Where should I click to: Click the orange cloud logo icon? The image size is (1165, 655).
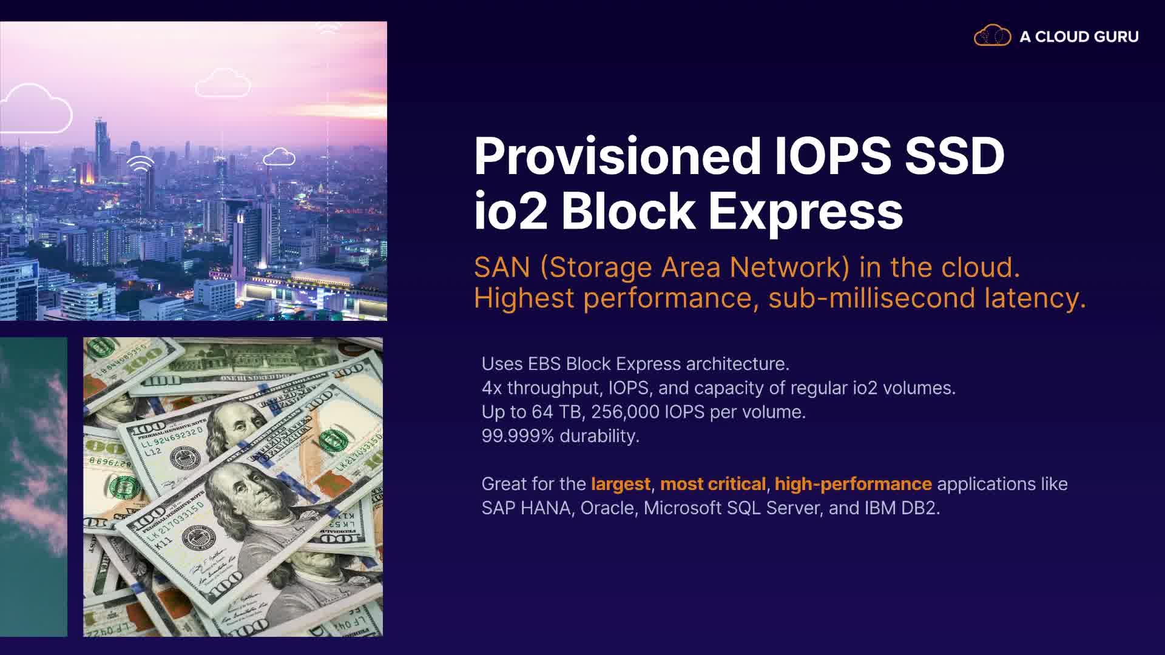tap(992, 35)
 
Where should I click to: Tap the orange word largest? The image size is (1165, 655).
tap(621, 484)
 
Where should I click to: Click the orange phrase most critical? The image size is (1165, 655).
tap(713, 484)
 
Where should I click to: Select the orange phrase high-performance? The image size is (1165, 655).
tap(853, 484)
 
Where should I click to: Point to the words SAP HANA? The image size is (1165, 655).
tap(526, 508)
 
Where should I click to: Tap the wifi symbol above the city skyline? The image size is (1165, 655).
tap(140, 164)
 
